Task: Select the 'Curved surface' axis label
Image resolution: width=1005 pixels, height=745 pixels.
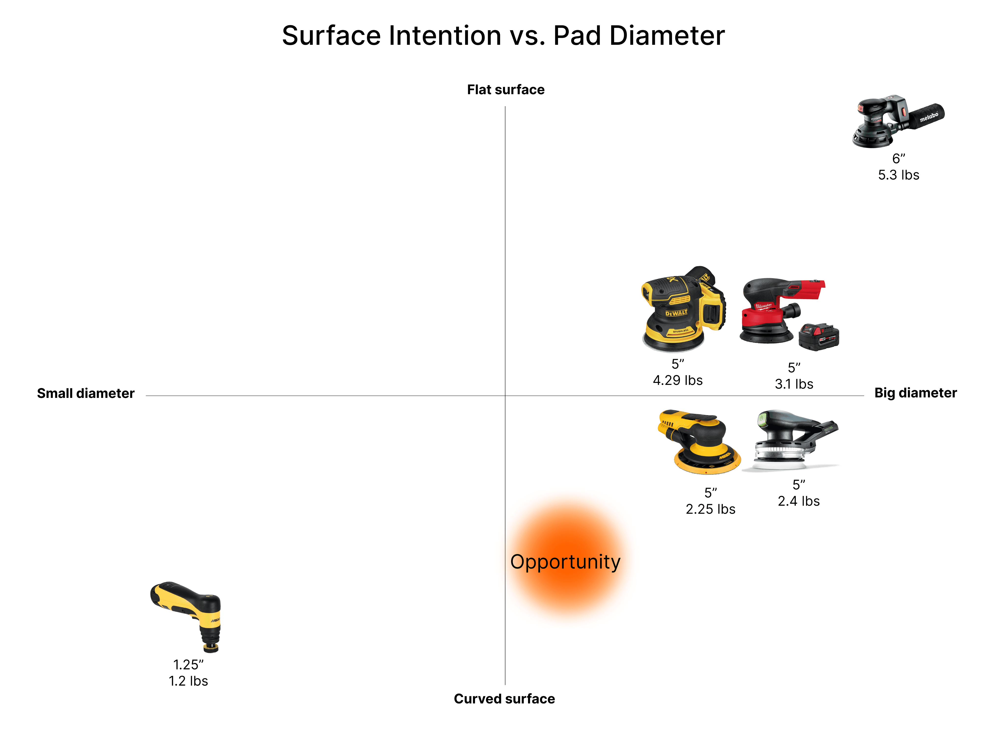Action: click(504, 699)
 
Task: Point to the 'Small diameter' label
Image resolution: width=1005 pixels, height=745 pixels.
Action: click(86, 393)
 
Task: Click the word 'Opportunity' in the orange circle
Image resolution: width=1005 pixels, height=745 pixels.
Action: click(565, 562)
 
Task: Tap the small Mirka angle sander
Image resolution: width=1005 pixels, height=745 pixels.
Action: click(189, 613)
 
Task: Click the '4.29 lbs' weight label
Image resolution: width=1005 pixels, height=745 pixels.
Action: click(677, 381)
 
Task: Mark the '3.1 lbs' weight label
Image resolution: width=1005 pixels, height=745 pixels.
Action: click(794, 384)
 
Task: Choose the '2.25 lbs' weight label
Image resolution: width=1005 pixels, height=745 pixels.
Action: click(711, 509)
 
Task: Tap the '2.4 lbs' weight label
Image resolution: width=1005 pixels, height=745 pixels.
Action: click(798, 501)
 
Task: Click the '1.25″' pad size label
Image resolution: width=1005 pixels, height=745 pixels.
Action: click(188, 665)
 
